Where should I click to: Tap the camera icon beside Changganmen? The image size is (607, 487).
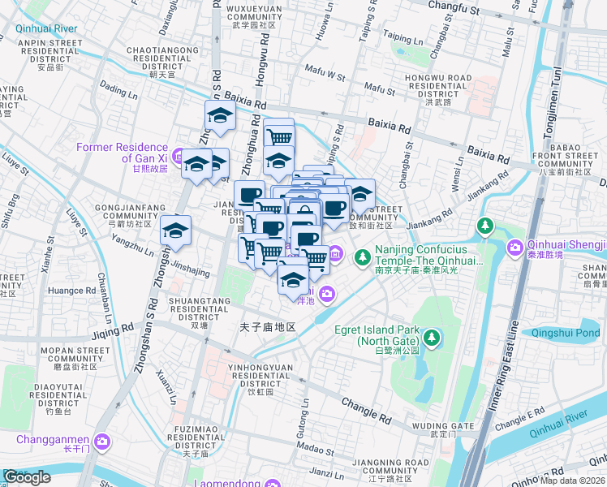pyautogui.click(x=102, y=442)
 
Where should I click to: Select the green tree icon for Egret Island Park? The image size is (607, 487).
pyautogui.click(x=431, y=336)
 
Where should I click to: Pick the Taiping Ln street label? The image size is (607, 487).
pyautogui.click(x=403, y=39)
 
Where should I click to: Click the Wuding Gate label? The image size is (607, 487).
pyautogui.click(x=442, y=426)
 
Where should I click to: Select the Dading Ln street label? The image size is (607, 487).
pyautogui.click(x=114, y=93)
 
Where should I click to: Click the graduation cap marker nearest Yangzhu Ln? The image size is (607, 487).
pyautogui.click(x=176, y=231)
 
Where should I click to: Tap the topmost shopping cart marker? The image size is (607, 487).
pyautogui.click(x=278, y=132)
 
